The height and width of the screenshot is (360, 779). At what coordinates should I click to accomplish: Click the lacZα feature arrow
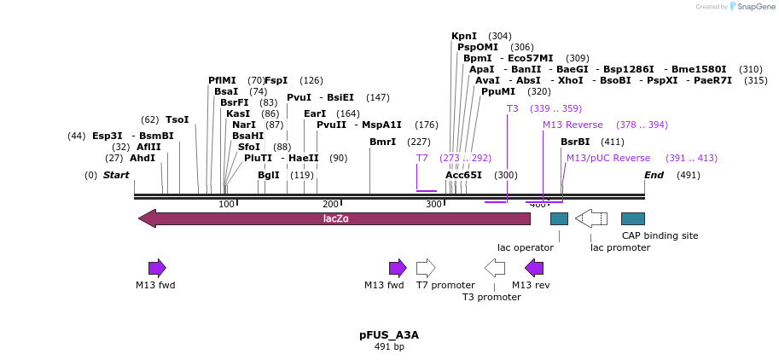[x=334, y=218]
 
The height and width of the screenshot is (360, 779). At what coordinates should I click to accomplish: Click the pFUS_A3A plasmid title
[x=389, y=335]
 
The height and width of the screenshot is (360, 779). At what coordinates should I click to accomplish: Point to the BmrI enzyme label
[x=382, y=142]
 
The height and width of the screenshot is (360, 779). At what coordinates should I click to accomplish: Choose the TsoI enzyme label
[x=177, y=119]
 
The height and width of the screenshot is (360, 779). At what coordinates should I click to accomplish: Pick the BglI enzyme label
[x=269, y=175]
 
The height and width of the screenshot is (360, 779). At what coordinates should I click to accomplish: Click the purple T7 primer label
[x=422, y=158]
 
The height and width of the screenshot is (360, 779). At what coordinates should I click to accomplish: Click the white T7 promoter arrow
[x=426, y=268]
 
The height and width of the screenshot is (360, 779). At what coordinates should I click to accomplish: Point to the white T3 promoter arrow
[x=495, y=268]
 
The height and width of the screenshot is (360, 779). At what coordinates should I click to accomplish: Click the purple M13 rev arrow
[x=534, y=268]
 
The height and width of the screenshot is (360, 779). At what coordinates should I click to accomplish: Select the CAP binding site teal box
[x=632, y=218]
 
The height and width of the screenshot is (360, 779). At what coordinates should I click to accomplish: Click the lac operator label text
[x=526, y=247]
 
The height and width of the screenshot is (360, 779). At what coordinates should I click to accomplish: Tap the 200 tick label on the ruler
[x=331, y=204]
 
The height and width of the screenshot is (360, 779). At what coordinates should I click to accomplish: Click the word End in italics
[x=654, y=175]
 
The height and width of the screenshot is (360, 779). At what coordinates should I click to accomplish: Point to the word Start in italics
[x=116, y=175]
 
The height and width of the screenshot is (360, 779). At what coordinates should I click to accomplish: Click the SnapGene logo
[x=748, y=7]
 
